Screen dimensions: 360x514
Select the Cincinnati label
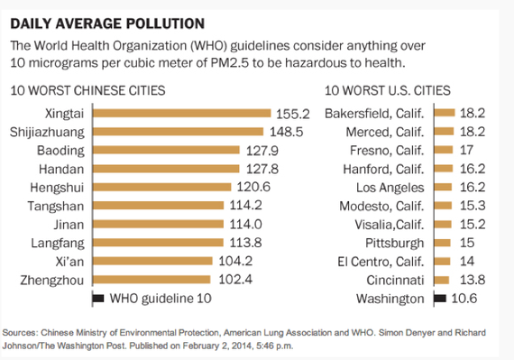393,281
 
